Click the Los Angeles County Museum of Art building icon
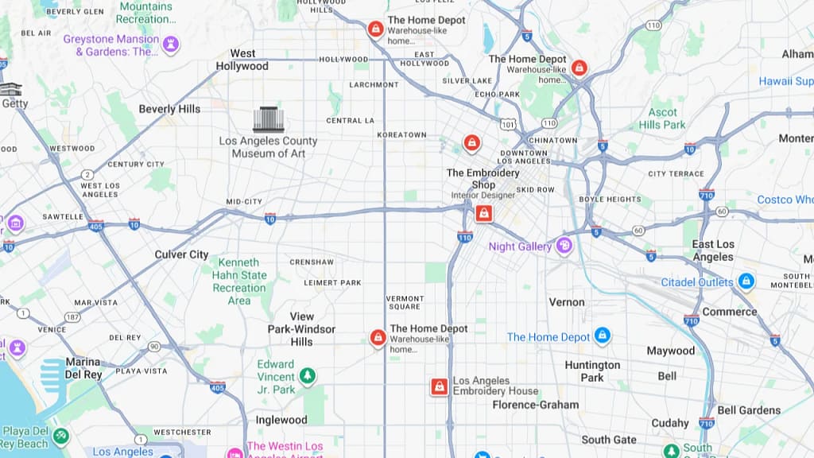tap(269, 119)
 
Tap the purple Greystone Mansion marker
tap(171, 44)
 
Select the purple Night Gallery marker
tap(564, 246)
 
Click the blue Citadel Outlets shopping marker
tap(746, 282)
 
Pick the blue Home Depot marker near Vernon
tap(603, 336)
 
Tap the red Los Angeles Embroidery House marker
tap(439, 386)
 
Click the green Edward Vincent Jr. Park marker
tap(307, 375)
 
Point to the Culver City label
tap(181, 254)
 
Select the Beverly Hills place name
tap(169, 109)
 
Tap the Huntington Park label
tap(592, 371)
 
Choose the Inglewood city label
tap(281, 420)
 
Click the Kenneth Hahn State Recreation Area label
tap(239, 281)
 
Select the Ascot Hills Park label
tap(662, 118)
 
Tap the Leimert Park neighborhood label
tap(333, 282)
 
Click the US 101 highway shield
tap(509, 123)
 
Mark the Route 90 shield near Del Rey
tap(153, 347)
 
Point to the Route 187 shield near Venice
tap(72, 317)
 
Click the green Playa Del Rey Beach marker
tap(60, 436)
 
